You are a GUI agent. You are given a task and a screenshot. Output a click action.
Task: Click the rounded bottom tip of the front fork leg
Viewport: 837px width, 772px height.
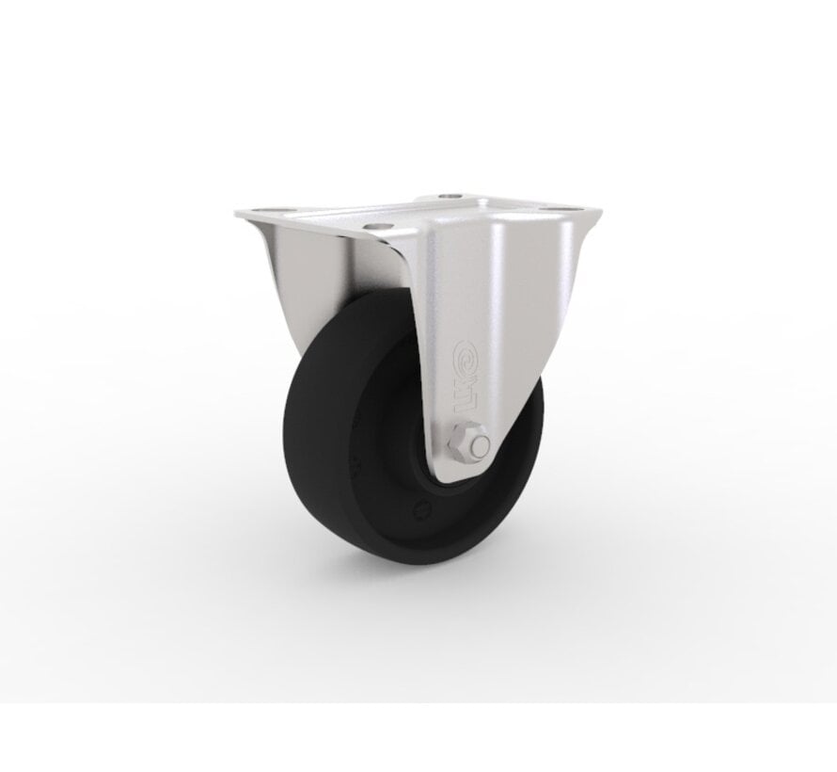[461, 476]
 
